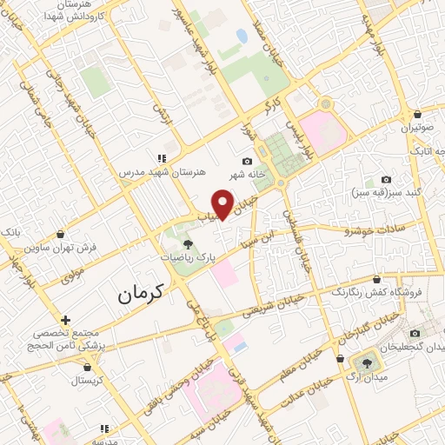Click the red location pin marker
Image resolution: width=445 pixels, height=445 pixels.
(224, 205)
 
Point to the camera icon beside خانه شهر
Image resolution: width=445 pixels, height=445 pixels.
(247, 162)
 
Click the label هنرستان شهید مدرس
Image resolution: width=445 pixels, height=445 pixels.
(163, 173)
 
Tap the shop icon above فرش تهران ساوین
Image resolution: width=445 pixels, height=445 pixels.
(60, 234)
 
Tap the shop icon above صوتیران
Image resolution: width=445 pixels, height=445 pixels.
(418, 113)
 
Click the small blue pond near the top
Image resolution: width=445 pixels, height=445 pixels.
(241, 36)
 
